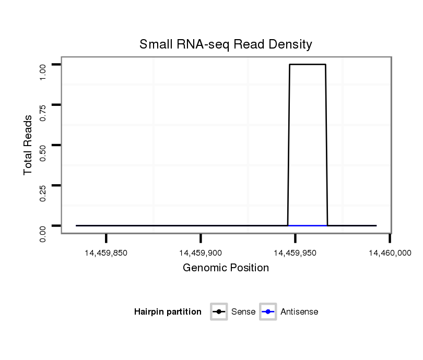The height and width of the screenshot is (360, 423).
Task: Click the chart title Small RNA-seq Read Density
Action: point(226,44)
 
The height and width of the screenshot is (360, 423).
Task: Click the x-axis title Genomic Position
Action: point(226,268)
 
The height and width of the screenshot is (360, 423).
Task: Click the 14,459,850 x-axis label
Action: point(105,253)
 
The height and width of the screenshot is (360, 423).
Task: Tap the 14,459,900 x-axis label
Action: point(201,253)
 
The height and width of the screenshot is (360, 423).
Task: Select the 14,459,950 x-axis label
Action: point(295,253)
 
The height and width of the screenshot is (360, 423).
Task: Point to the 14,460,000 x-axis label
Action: point(390,253)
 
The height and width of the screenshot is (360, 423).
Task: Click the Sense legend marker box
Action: point(219,312)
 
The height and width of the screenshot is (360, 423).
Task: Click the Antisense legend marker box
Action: point(267,312)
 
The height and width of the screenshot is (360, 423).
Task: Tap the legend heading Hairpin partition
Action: point(168,312)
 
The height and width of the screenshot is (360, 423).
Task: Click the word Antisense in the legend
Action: point(299,312)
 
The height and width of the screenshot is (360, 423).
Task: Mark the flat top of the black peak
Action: point(308,65)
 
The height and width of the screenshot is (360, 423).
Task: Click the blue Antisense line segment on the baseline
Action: point(308,225)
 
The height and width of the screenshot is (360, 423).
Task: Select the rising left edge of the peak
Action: point(289,146)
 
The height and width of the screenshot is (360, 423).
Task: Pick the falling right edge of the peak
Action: point(326,146)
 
